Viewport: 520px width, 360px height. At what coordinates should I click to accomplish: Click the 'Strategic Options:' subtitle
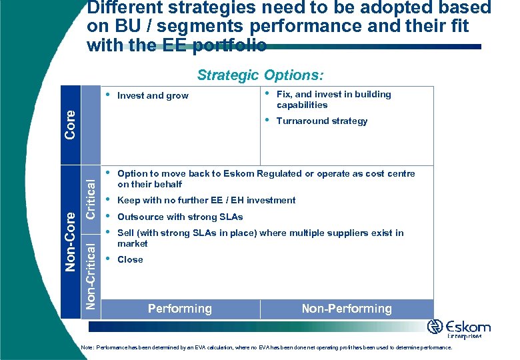coord(260,75)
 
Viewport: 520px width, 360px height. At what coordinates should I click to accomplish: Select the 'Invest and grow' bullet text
coord(153,96)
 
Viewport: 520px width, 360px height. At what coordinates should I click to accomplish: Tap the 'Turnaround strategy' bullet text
coord(321,121)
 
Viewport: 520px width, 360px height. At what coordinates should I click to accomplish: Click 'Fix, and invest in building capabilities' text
coord(333,99)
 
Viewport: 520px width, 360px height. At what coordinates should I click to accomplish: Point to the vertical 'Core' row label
coord(71,125)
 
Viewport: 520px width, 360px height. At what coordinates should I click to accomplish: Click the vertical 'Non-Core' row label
coord(71,241)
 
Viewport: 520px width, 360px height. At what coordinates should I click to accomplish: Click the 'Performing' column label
coord(180,309)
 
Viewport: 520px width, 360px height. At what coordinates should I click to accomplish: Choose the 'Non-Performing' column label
coord(347,309)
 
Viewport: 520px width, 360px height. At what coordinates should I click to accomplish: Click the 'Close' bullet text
coord(130,260)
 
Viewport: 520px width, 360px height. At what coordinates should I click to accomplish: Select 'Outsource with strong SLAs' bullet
coord(180,217)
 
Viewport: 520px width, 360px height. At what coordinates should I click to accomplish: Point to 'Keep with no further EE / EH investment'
coord(206,200)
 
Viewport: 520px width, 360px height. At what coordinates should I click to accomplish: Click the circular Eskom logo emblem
coord(435,327)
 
